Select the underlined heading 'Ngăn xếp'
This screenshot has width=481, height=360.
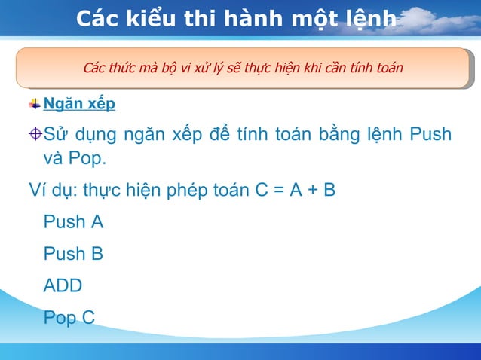tap(79, 104)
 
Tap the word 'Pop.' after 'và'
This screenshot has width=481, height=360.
tap(87, 159)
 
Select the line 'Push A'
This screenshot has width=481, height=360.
tap(73, 222)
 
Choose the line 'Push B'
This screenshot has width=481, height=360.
tap(73, 254)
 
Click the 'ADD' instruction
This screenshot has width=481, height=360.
tap(63, 285)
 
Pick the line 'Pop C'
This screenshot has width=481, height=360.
tap(69, 318)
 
